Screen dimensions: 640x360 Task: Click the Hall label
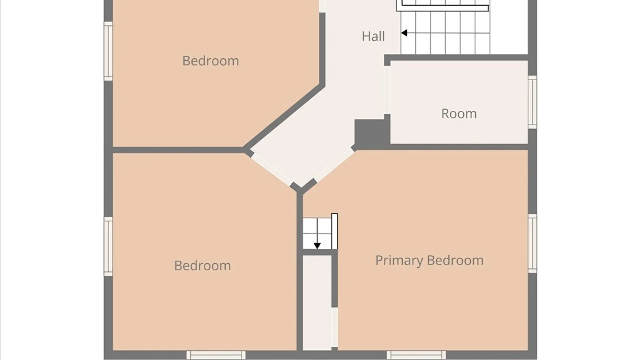(x=373, y=36)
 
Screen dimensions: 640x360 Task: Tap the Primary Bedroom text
(x=429, y=261)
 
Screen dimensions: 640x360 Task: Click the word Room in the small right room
(x=459, y=114)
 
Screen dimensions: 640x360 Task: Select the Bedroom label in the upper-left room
(x=211, y=61)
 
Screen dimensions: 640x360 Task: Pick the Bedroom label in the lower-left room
(x=203, y=266)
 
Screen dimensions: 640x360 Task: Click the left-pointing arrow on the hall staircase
(x=445, y=33)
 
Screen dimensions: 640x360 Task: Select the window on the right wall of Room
(x=532, y=102)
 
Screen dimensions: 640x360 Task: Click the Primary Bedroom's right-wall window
(x=532, y=243)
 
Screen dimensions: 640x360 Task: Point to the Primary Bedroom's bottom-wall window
(x=416, y=355)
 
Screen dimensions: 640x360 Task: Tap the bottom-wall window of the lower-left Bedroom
(x=216, y=355)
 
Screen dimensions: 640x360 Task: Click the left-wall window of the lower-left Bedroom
(x=108, y=247)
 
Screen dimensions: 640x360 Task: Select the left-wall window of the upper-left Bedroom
(x=108, y=51)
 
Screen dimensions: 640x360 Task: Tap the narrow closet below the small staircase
(x=317, y=303)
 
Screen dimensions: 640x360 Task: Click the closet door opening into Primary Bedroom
(x=334, y=327)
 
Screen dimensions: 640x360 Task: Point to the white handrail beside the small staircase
(x=334, y=231)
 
